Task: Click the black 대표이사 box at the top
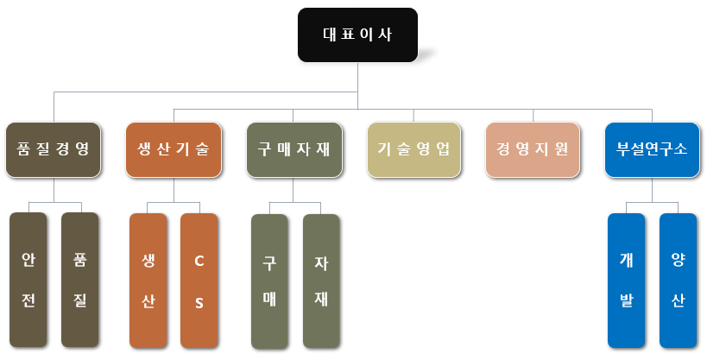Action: click(x=357, y=35)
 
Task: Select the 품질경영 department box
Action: click(x=53, y=148)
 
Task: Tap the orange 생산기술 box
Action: click(x=173, y=148)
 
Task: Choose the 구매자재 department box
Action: click(x=294, y=148)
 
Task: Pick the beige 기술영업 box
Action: click(x=413, y=148)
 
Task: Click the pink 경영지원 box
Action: click(x=533, y=148)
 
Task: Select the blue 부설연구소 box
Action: click(x=652, y=148)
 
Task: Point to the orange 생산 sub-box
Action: click(x=148, y=280)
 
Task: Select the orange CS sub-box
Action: click(x=199, y=280)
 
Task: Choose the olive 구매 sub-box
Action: click(x=269, y=281)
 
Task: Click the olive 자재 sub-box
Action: click(x=321, y=281)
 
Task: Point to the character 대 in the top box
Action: click(x=329, y=35)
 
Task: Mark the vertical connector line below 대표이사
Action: click(x=357, y=77)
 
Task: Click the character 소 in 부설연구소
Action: click(x=681, y=148)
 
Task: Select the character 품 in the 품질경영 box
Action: click(x=23, y=148)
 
